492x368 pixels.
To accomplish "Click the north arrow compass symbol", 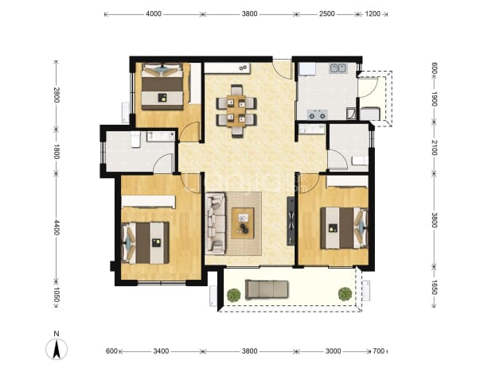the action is [57, 349].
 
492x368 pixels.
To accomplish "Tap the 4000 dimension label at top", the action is [154, 14].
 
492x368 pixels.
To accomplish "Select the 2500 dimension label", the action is [327, 14].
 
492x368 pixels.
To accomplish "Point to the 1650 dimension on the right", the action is [434, 287].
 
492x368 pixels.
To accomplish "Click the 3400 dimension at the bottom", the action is [161, 351].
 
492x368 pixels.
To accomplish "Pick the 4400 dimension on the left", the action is [57, 227].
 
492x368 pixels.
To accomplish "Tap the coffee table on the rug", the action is [243, 223].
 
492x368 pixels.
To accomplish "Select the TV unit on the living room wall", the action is [291, 221].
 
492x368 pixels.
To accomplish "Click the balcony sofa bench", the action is [267, 289].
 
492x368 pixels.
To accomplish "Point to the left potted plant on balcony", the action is [234, 295].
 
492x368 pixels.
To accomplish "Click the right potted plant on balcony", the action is [345, 294].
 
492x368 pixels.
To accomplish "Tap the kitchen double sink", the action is [338, 68].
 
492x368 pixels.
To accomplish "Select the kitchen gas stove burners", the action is [317, 114].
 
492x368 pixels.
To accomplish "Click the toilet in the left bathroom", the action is [135, 139].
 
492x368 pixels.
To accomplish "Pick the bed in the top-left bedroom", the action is [162, 87].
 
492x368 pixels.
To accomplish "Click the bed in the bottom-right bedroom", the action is [344, 227].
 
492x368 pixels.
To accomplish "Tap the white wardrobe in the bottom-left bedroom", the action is [148, 202].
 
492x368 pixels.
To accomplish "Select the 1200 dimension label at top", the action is [373, 14].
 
